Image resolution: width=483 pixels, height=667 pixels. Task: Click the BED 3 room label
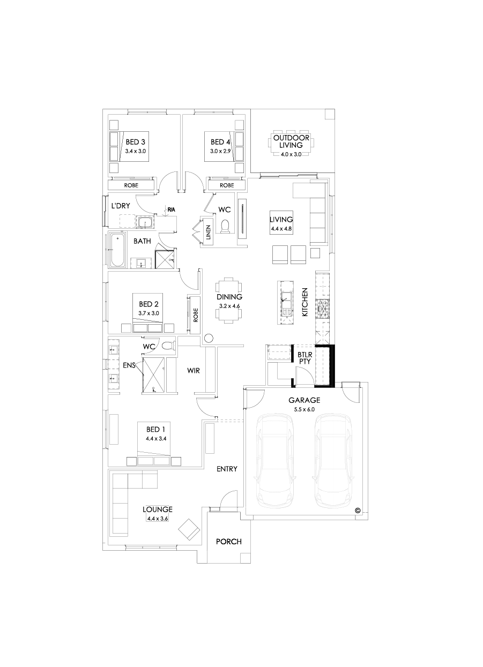point(135,142)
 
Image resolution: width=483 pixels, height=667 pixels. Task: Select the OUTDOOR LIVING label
point(291,141)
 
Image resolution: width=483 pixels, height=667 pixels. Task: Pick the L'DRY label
point(118,206)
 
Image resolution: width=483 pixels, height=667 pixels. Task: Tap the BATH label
point(142,241)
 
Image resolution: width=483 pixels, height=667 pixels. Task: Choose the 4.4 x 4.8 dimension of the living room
point(281,228)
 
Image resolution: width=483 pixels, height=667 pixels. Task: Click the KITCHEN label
point(304,302)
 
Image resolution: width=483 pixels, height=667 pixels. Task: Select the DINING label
point(229,297)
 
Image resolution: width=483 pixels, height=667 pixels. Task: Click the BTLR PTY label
point(305,358)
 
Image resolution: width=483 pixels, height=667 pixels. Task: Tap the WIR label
point(194,370)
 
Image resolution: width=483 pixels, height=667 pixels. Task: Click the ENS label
point(129,365)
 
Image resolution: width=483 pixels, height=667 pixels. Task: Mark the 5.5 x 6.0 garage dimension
point(304,409)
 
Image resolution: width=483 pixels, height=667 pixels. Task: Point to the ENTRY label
point(227,469)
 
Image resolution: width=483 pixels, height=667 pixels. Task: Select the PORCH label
point(228,541)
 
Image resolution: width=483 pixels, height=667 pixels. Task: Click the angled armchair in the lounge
point(189,529)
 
